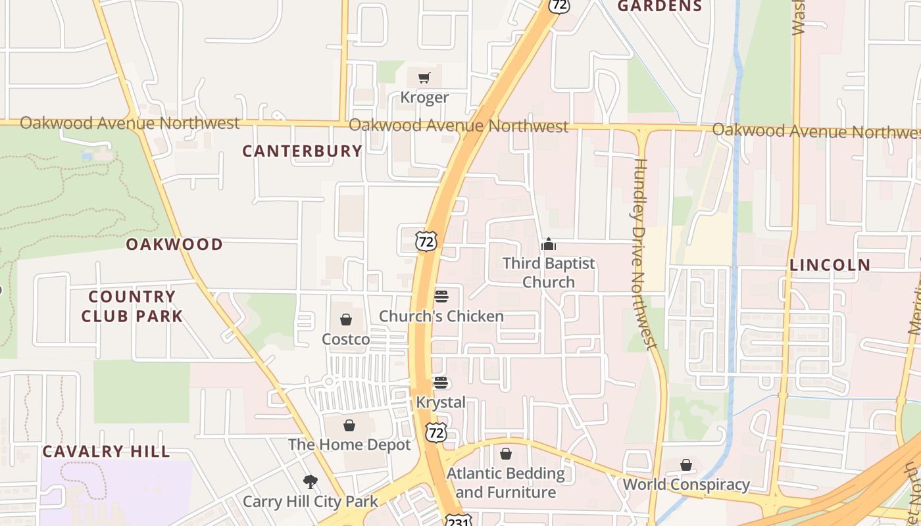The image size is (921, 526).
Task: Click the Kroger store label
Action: coord(424,98)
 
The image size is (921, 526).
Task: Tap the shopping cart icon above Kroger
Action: coord(424,78)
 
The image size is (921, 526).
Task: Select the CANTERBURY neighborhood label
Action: coord(302,151)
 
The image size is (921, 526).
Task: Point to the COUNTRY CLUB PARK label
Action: coord(132,306)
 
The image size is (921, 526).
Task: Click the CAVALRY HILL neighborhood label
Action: coord(106,452)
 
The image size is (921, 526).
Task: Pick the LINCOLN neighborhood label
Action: coord(830,265)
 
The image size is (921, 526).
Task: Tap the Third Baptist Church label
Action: coord(549,272)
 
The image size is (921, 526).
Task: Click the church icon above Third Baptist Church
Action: coord(549,245)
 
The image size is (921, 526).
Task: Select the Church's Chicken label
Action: coord(441,316)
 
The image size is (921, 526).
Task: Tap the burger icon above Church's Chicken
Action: coord(441,296)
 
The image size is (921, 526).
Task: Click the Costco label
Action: coord(345,339)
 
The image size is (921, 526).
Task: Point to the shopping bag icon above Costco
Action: coord(346,320)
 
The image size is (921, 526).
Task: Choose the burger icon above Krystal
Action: coord(441,383)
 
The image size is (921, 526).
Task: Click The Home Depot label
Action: coord(349,444)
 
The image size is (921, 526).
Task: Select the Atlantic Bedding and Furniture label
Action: coord(505,483)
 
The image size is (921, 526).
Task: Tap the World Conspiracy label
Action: coord(686,485)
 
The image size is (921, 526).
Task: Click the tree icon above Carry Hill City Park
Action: coord(310,482)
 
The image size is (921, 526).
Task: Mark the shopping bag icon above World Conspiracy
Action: coord(686,466)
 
